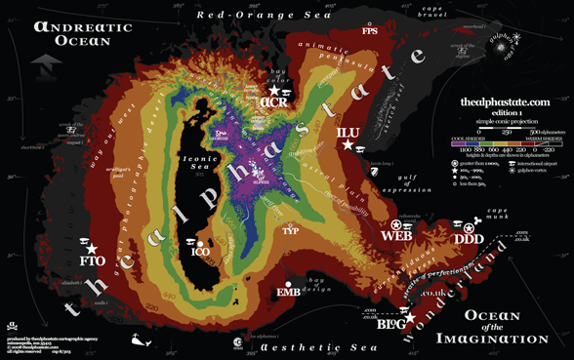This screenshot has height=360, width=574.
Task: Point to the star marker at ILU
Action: pos(348,144)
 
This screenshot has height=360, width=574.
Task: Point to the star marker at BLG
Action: pos(410,317)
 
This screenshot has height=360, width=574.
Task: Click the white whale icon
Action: pos(141,340)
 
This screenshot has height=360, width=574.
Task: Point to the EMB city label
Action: pos(288,292)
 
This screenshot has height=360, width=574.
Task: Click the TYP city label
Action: pos(290,231)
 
